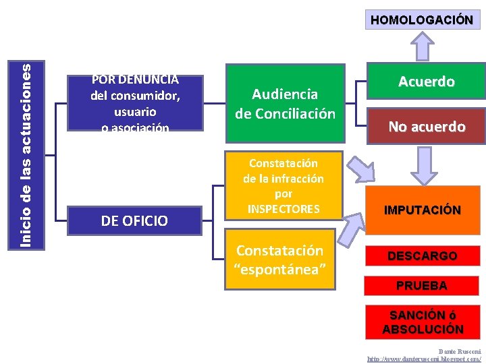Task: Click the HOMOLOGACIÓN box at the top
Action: pos(421,20)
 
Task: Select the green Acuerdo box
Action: pos(426,82)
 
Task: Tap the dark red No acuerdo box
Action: pos(426,127)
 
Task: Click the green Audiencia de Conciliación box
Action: pos(285,103)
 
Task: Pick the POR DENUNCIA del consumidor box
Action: pos(135,102)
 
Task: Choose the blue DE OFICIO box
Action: pos(134,220)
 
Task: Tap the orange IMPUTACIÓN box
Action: pos(422,210)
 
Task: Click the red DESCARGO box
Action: pos(422,256)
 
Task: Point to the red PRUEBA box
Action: pos(421,286)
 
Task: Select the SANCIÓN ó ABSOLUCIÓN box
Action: pos(423,322)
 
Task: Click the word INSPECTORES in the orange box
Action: pos(283,209)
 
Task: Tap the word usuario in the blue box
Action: pos(135,111)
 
